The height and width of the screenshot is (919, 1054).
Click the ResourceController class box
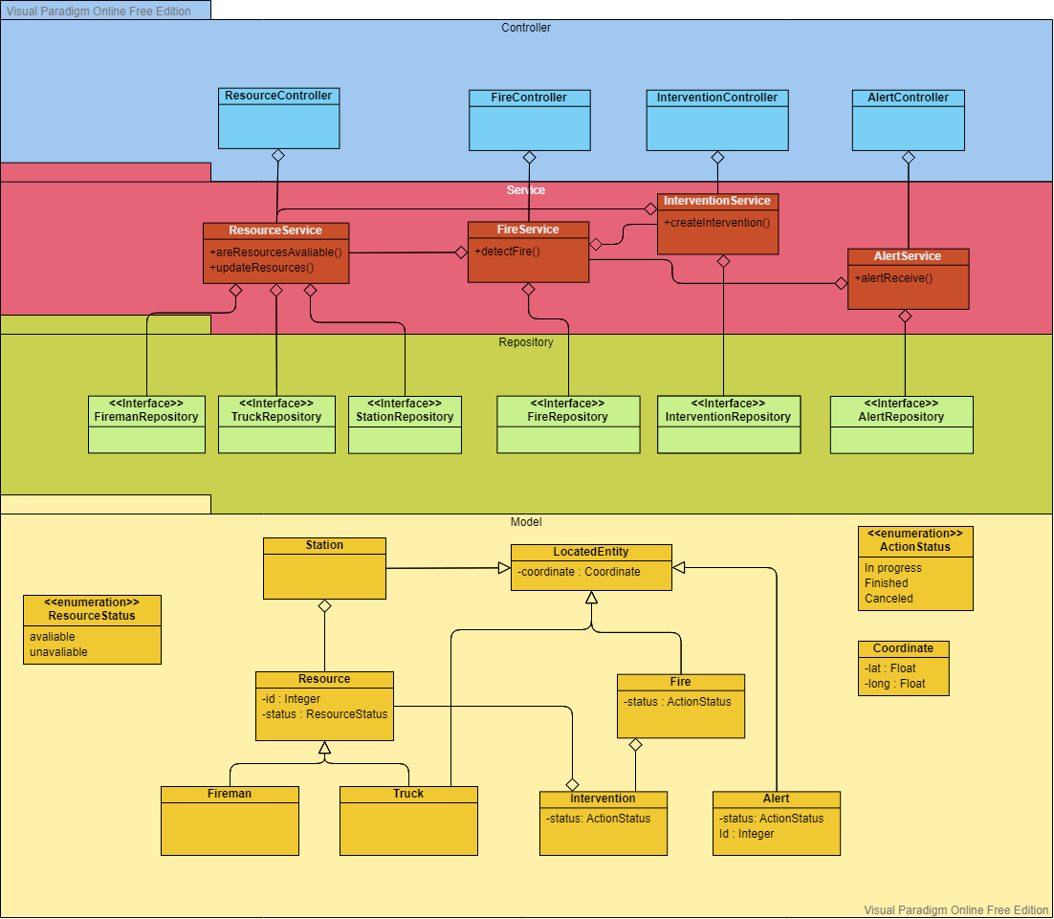point(278,119)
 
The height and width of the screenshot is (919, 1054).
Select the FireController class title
point(529,98)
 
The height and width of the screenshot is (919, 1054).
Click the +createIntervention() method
point(716,223)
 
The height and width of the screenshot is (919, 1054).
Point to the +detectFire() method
point(507,252)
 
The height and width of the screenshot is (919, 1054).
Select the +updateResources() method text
point(261,268)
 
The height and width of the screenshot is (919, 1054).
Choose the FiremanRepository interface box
point(146,425)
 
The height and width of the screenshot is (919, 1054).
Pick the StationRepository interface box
point(405,425)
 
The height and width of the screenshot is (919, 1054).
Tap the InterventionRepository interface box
point(728,425)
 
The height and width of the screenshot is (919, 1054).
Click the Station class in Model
point(324,568)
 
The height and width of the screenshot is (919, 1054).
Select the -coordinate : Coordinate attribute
point(579,572)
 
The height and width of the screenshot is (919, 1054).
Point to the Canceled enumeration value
point(889,599)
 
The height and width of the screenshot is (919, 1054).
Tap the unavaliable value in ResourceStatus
point(58,652)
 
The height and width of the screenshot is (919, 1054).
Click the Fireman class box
point(230,821)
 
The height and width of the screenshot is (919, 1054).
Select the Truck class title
point(408,794)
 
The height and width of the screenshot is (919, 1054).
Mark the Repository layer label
point(526,342)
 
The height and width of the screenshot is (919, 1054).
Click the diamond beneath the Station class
point(324,606)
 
